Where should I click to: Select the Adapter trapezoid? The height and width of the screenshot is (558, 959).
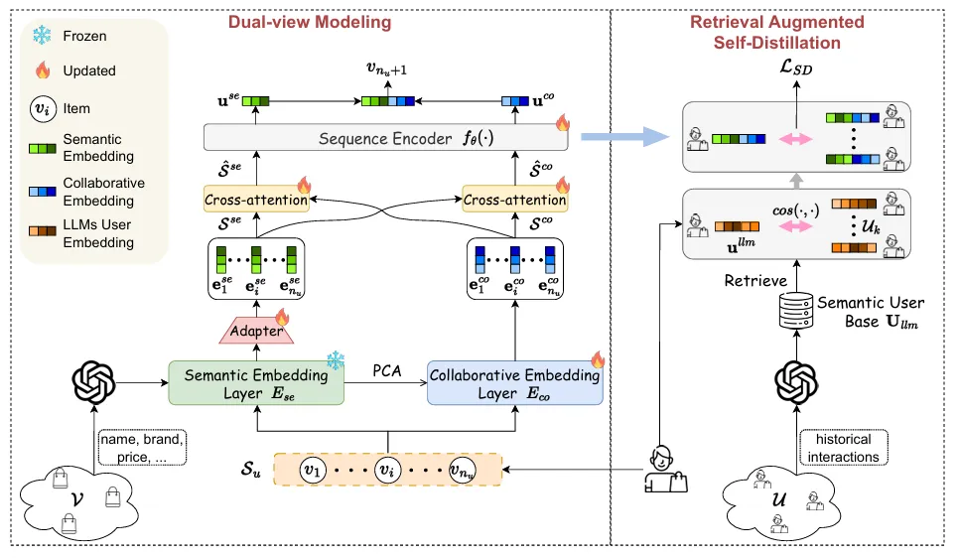pyautogui.click(x=257, y=331)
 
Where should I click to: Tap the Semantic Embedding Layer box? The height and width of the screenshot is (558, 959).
pyautogui.click(x=257, y=382)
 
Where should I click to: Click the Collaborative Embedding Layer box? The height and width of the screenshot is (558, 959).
pyautogui.click(x=514, y=382)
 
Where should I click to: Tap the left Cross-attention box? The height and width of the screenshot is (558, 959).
pyautogui.click(x=255, y=199)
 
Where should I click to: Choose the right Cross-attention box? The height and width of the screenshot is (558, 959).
pyautogui.click(x=514, y=199)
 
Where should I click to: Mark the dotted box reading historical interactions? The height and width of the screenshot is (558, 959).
pyautogui.click(x=843, y=447)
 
